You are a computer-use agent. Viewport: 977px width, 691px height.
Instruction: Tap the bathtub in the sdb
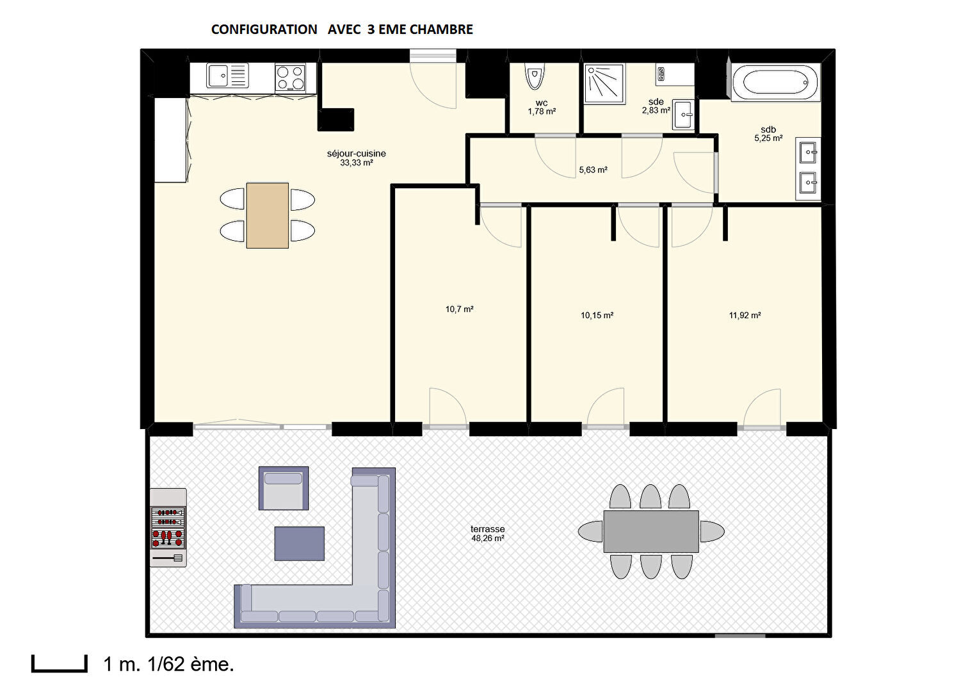click(x=775, y=83)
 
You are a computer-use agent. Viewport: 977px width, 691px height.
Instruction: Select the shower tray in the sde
click(x=604, y=84)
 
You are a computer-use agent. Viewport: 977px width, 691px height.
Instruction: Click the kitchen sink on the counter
click(x=228, y=76)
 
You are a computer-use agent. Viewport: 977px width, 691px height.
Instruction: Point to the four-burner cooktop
click(x=290, y=77)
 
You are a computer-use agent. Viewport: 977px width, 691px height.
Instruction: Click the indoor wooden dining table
click(x=268, y=216)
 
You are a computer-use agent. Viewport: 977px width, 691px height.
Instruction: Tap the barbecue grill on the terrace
click(x=168, y=528)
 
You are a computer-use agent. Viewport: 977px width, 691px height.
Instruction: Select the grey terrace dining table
click(x=651, y=532)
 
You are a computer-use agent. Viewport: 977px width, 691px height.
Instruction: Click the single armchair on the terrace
click(x=284, y=488)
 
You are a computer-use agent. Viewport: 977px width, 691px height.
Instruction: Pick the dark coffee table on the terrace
click(x=299, y=544)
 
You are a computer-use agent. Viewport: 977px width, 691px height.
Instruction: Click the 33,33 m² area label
click(x=357, y=163)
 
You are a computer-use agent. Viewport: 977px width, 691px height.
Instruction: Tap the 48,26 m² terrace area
click(x=488, y=539)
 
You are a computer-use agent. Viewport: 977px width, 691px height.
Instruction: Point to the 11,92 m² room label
click(x=745, y=315)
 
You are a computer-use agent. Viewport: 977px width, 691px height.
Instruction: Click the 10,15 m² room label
click(x=597, y=315)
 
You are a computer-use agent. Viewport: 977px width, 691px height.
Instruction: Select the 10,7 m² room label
click(x=459, y=309)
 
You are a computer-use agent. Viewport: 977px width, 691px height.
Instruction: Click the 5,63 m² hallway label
click(x=593, y=170)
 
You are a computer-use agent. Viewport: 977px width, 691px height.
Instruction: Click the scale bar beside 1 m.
click(x=60, y=669)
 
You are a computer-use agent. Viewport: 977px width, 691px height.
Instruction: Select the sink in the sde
click(x=684, y=115)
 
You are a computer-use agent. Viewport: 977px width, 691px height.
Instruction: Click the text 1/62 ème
click(x=191, y=664)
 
